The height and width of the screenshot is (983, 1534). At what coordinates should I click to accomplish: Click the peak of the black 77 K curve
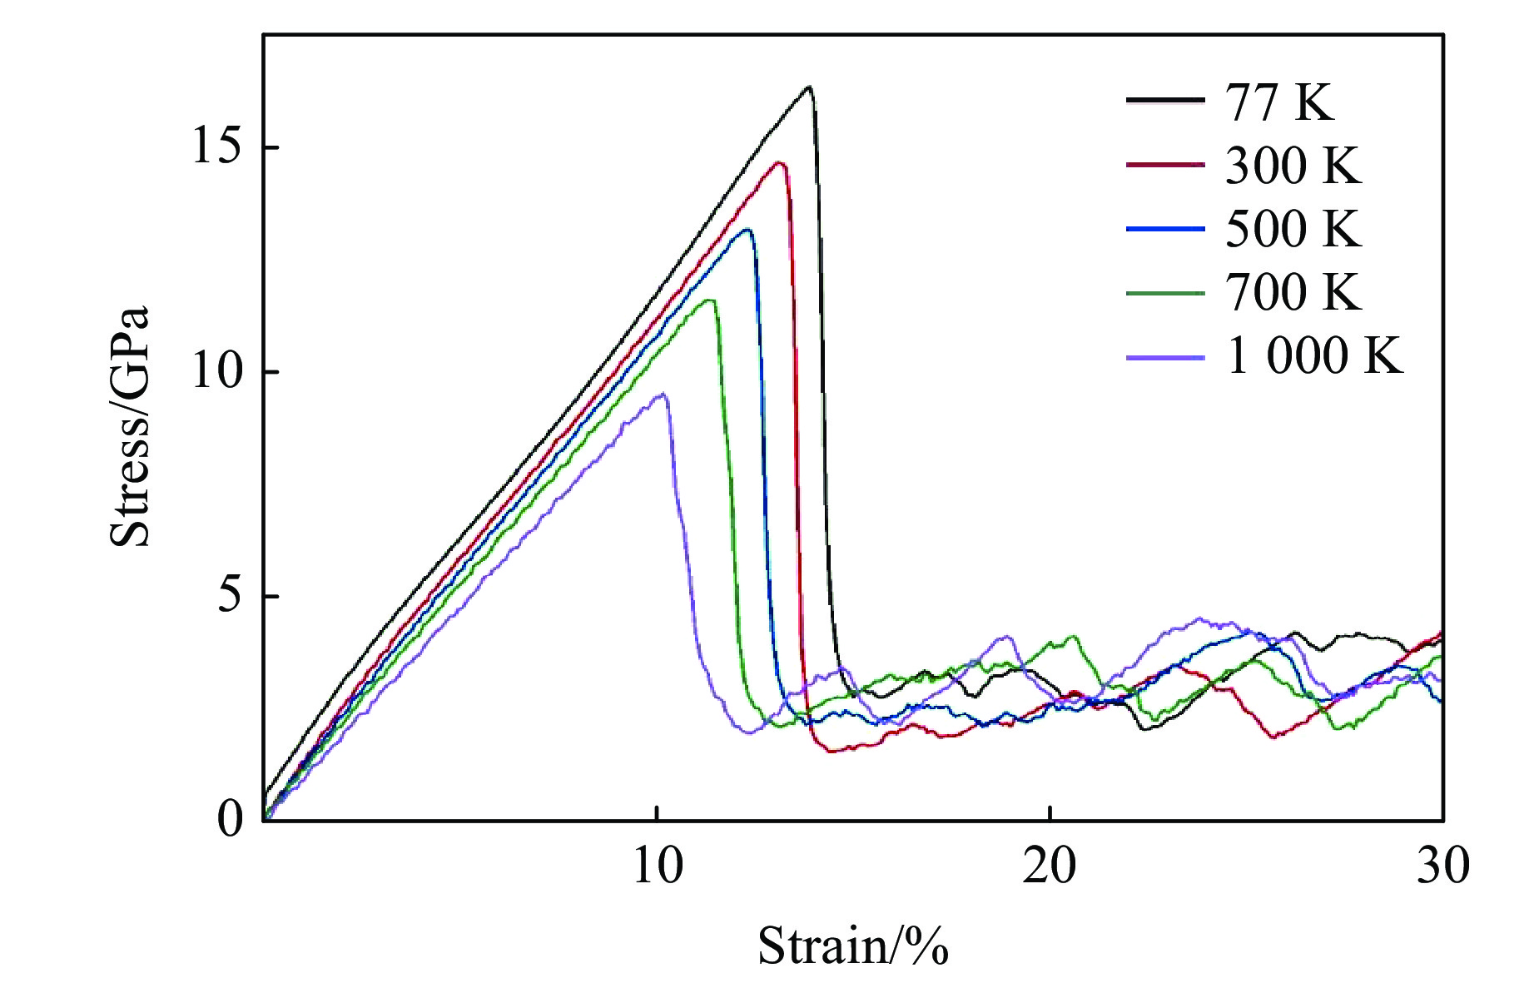(x=808, y=87)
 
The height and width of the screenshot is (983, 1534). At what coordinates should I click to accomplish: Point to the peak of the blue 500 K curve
(x=747, y=230)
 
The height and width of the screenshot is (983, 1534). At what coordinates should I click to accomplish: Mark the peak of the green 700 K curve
(x=710, y=300)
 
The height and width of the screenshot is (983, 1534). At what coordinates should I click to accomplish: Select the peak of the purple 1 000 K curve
(x=663, y=394)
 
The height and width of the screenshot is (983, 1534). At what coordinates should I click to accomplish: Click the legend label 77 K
(x=1278, y=102)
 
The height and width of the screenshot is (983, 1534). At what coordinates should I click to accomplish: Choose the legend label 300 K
(x=1293, y=166)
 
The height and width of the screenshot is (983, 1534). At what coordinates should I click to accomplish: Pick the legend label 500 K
(x=1293, y=229)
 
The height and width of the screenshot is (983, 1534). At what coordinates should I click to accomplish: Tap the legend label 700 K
(x=1293, y=292)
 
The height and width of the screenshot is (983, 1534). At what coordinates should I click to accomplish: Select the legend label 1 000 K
(x=1314, y=356)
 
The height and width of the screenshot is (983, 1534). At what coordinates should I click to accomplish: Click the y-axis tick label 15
(x=216, y=147)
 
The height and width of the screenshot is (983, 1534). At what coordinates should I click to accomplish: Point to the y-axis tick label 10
(x=216, y=372)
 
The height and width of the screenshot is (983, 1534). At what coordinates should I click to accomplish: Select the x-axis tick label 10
(x=658, y=866)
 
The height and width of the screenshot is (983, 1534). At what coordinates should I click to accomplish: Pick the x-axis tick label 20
(x=1050, y=866)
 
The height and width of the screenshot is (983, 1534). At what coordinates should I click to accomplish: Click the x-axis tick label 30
(x=1442, y=866)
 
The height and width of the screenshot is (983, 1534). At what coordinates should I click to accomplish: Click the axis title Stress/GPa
(x=131, y=427)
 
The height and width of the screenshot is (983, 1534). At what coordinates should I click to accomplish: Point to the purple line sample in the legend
(x=1165, y=357)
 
